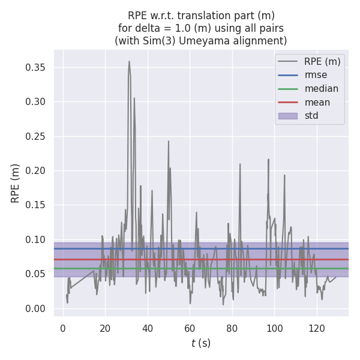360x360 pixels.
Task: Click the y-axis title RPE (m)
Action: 16,183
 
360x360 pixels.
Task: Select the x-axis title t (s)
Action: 201,343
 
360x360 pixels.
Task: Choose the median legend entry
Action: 321,89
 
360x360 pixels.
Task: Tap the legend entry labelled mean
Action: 317,102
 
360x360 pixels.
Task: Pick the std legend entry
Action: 311,116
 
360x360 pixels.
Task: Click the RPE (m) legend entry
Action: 322,61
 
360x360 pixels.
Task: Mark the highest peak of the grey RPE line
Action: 129,61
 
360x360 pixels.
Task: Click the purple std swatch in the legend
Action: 287,116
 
